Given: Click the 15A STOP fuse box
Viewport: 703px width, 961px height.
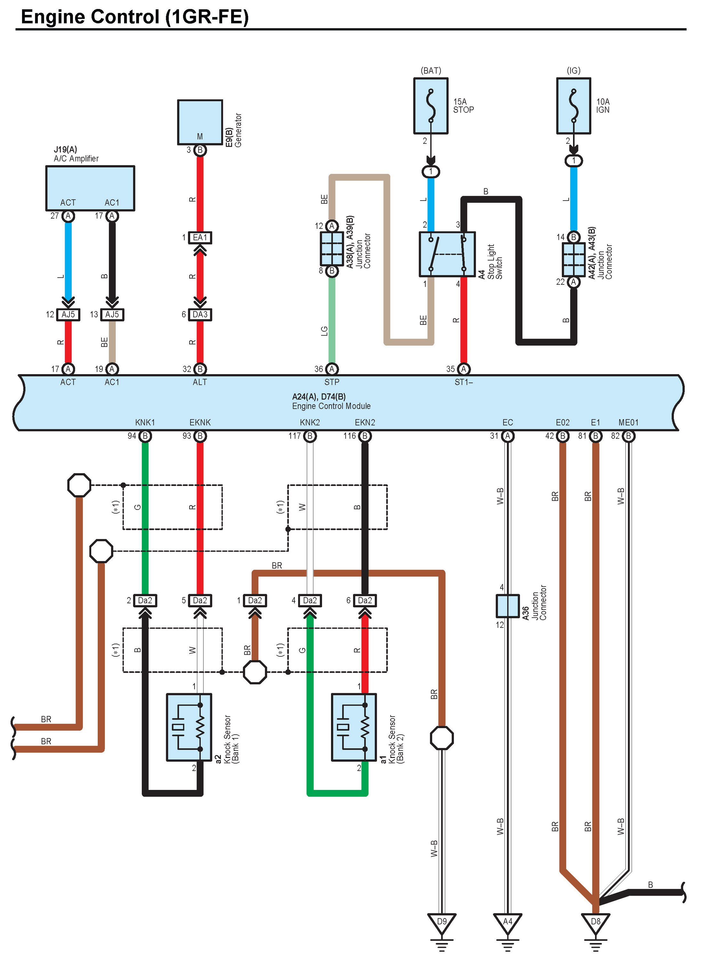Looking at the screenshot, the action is (431, 106).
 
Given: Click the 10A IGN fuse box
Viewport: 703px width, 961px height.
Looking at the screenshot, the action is (574, 106).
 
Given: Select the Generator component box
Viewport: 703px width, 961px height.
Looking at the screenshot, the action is (200, 122).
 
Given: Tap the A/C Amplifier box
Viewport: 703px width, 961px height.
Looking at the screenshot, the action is (90, 188).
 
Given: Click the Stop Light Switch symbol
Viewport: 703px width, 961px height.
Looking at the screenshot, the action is (447, 254).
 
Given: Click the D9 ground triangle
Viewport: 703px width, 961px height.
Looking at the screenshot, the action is (442, 924).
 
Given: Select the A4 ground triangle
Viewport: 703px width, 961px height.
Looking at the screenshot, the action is (508, 924).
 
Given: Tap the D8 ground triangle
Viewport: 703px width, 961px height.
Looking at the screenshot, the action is (596, 924).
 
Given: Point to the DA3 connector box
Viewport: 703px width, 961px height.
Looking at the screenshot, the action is (200, 315).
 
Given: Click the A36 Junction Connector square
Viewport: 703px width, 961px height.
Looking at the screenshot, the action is (508, 605).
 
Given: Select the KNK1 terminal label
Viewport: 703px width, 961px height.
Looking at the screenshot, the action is (145, 423).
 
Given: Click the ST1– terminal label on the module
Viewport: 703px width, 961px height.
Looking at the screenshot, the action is (464, 382).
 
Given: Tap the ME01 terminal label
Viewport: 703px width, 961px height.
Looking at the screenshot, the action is (628, 423).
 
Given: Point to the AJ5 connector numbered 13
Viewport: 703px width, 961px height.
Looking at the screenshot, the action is (112, 315).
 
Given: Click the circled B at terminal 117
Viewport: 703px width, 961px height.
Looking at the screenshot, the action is (310, 436).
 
